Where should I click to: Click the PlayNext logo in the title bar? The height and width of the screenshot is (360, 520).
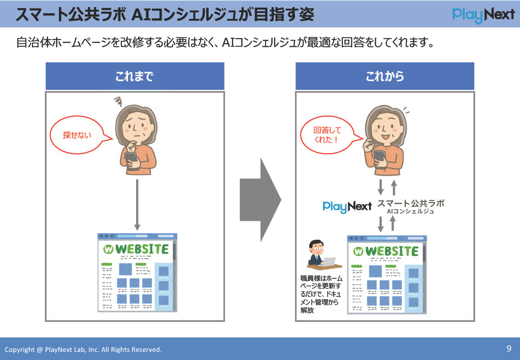[483, 15]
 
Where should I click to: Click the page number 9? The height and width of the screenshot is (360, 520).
[509, 348]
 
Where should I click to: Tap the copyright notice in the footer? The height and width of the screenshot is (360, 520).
[83, 349]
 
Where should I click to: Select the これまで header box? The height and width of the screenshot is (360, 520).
[135, 76]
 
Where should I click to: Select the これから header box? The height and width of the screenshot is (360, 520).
[385, 76]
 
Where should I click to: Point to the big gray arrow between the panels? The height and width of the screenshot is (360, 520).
[261, 200]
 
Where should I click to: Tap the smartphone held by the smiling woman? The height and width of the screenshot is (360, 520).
[379, 158]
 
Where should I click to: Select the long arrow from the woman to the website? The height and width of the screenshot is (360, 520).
[137, 205]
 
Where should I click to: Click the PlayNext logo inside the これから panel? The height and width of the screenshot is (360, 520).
[347, 207]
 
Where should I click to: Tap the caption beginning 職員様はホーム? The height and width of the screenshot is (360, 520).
[321, 294]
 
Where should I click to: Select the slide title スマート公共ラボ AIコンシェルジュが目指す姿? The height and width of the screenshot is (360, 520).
[165, 15]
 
